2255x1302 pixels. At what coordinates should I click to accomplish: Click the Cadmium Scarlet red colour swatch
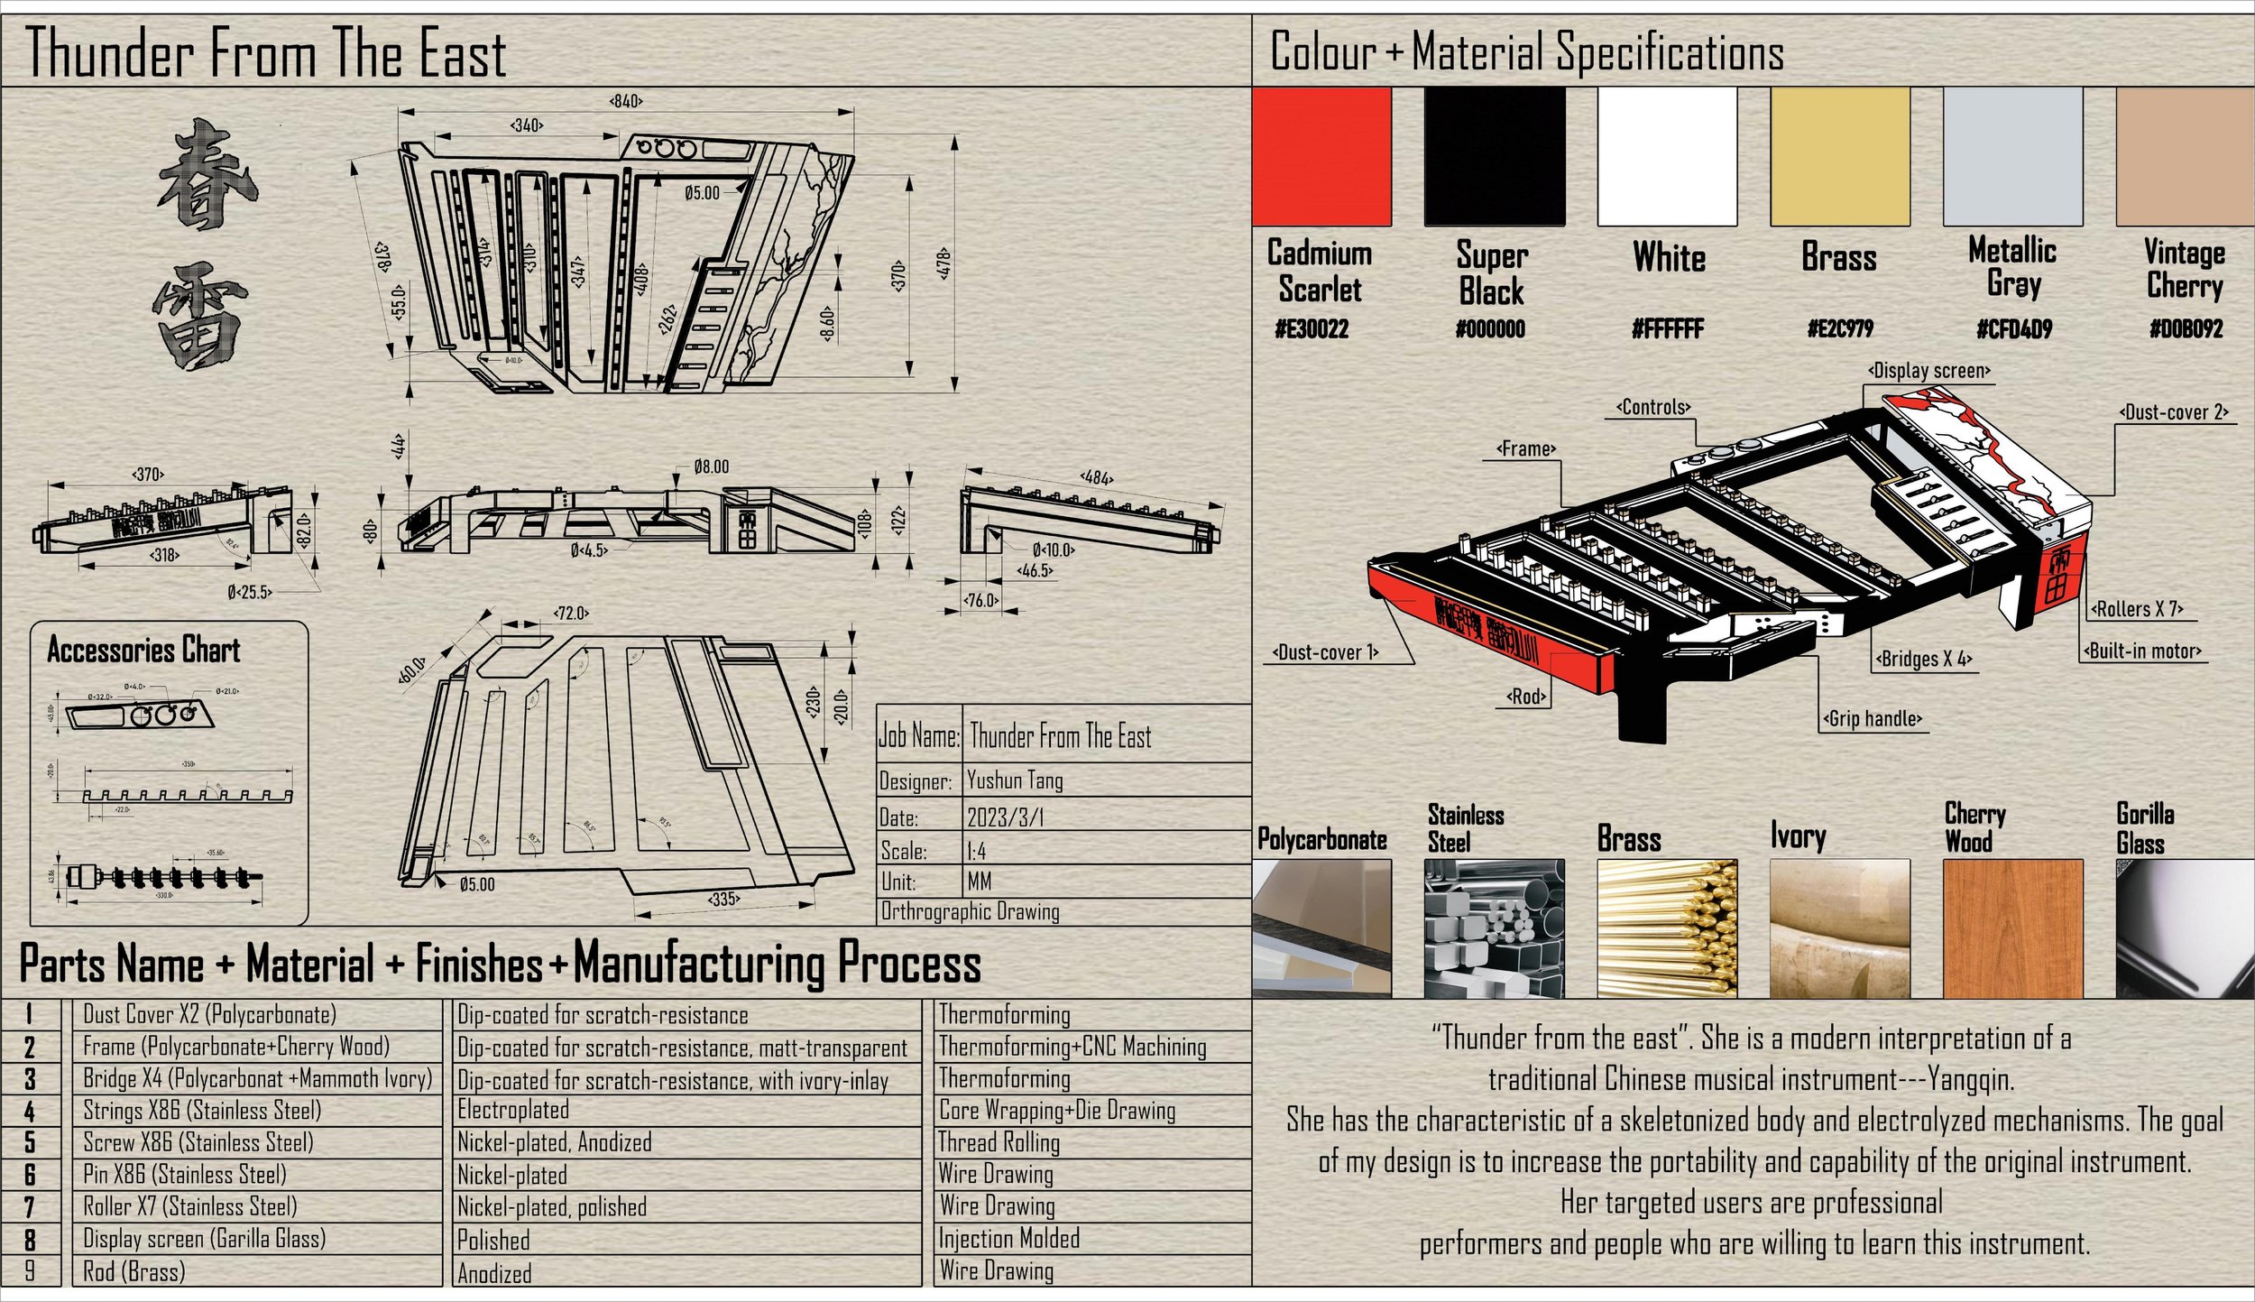(x=1321, y=156)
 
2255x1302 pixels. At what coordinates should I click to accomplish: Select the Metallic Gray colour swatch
(x=2012, y=156)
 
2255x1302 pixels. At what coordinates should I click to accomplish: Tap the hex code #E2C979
(x=1839, y=328)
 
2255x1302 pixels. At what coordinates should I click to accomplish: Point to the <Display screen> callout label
(x=1928, y=371)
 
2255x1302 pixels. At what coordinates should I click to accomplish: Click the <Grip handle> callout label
(x=1873, y=719)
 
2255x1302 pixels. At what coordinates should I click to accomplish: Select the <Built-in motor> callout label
(x=2142, y=651)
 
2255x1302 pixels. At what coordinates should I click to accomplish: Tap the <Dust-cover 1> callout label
(x=1325, y=652)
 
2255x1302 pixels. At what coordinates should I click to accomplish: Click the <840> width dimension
(x=626, y=101)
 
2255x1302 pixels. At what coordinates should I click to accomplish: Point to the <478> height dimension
(x=943, y=263)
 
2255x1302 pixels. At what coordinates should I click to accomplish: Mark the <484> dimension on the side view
(x=1096, y=477)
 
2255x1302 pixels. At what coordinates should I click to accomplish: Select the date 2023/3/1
(x=1005, y=817)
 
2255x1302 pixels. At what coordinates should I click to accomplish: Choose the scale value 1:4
(x=976, y=851)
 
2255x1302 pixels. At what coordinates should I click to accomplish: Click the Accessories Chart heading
(x=143, y=650)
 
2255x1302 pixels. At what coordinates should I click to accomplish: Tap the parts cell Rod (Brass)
(x=133, y=1271)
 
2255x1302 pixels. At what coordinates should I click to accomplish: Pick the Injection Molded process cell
(x=1008, y=1238)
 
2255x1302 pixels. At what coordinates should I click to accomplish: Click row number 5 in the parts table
(x=30, y=1142)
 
